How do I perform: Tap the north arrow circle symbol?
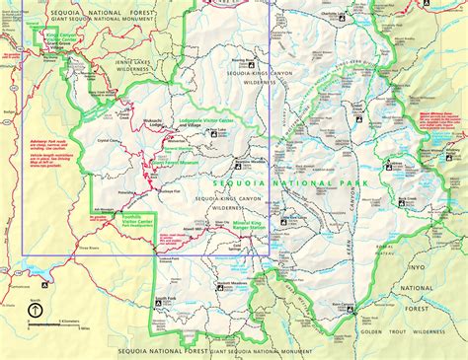click(35, 310)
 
